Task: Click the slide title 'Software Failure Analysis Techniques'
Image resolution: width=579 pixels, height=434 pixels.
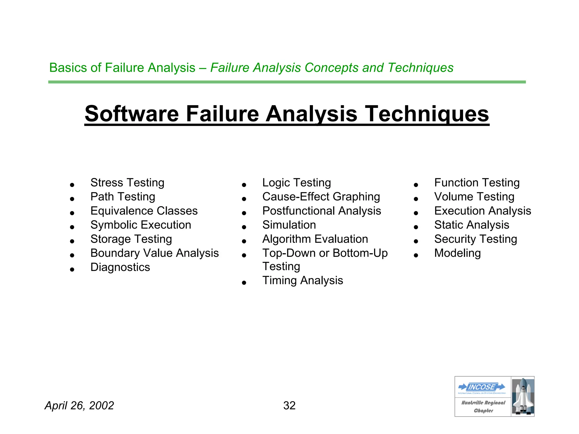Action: [287, 114]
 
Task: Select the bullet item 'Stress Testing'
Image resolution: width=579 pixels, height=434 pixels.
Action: [127, 183]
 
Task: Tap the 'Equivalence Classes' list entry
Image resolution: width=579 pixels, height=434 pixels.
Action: [144, 211]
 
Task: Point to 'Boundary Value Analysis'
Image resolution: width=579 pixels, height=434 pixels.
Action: [154, 253]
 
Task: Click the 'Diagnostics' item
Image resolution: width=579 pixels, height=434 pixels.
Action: [120, 267]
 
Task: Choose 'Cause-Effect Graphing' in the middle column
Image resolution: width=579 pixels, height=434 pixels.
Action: [321, 197]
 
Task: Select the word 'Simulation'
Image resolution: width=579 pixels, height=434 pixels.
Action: [289, 225]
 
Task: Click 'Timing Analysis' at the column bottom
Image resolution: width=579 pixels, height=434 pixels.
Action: [303, 281]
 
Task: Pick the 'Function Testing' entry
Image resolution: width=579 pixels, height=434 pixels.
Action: [477, 183]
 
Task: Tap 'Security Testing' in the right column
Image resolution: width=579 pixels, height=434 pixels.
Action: [476, 239]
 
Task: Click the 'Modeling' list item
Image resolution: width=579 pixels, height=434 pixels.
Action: [457, 253]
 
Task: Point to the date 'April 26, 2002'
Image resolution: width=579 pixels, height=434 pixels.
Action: [79, 405]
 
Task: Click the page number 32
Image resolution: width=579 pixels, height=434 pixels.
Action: [289, 405]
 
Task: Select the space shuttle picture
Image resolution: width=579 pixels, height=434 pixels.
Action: [522, 396]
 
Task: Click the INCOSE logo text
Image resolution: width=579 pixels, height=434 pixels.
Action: [482, 387]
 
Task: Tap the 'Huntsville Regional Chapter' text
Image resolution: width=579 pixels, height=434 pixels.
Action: [483, 407]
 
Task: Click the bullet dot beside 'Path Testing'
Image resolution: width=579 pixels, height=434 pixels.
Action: [72, 199]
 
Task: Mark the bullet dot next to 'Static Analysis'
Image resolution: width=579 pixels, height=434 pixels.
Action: [416, 227]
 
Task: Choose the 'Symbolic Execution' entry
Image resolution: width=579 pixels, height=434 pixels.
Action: [141, 225]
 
